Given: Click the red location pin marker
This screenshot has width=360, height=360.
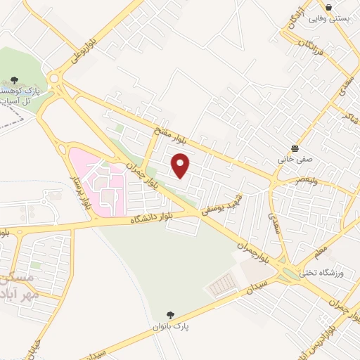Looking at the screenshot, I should click(x=181, y=166).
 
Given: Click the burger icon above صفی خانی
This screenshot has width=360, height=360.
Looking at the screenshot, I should click(x=294, y=148).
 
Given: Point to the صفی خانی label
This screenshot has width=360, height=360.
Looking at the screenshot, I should click(x=294, y=160).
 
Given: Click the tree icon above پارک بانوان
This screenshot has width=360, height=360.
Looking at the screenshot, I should click(x=169, y=315).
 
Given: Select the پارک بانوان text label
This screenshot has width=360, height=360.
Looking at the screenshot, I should click(x=172, y=327).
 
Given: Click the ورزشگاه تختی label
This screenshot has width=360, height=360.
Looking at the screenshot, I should click(x=321, y=273).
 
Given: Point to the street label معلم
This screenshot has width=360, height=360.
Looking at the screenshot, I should click(x=321, y=251).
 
